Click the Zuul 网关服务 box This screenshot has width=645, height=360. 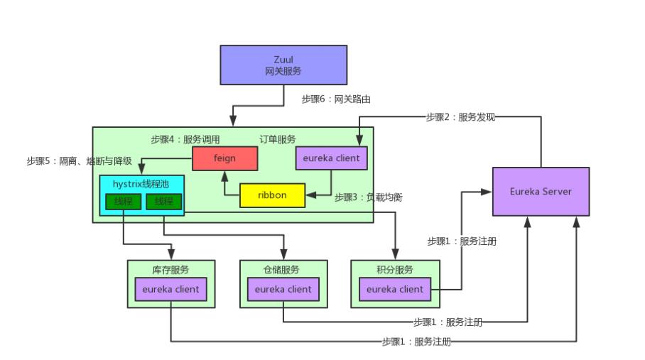pos(283,65)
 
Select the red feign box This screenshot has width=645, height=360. pos(224,158)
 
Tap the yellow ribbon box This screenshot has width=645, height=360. pos(272,195)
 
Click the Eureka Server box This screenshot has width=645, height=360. pos(541,192)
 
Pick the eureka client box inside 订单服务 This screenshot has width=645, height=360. pos(331,158)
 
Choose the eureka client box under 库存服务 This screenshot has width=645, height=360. pos(171,289)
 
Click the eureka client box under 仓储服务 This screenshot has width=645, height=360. pos(283,289)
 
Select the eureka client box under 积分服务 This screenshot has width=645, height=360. pos(395,289)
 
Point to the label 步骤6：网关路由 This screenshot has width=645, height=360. pos(336,99)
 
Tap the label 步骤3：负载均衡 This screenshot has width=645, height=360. pos(368,197)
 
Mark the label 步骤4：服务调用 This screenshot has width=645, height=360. pos(185,140)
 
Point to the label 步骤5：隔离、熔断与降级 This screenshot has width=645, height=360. pos(79,161)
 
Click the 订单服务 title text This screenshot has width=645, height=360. pos(278,140)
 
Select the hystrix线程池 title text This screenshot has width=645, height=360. pos(141,183)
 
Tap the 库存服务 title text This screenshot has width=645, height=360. pos(171,270)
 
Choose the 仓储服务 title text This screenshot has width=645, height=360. pos(283,270)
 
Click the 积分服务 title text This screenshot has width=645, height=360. pos(395,270)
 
